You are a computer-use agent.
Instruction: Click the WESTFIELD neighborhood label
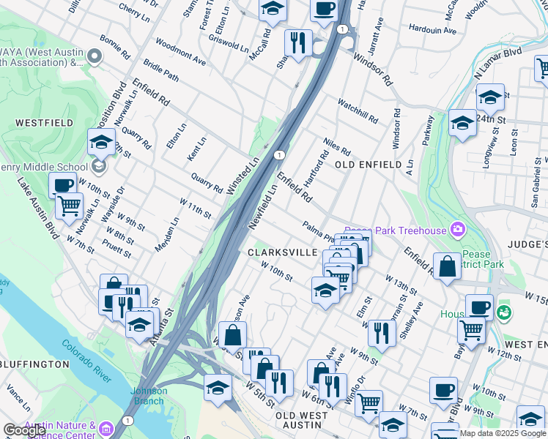[36, 123]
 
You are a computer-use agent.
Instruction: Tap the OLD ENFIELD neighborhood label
[369, 165]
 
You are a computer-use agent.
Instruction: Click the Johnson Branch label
[149, 395]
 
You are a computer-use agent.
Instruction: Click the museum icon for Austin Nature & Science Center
[107, 428]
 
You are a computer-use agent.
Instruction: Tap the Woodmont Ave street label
[180, 50]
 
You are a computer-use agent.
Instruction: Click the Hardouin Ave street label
[432, 31]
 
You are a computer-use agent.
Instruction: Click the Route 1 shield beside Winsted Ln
[279, 155]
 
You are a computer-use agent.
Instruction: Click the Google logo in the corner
[24, 430]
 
